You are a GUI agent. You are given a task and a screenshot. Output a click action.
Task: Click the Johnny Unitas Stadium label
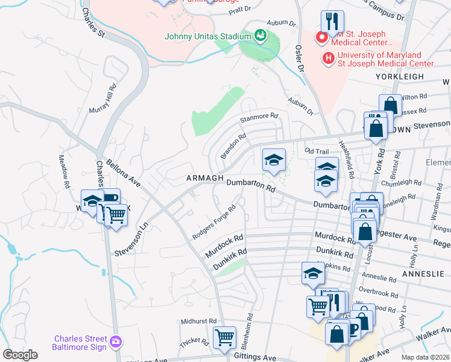[207, 36]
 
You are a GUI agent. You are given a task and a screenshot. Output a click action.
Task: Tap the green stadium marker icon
[259, 35]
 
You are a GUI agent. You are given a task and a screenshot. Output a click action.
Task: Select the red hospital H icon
[328, 58]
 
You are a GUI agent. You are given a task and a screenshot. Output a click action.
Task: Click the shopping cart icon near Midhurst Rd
[224, 338]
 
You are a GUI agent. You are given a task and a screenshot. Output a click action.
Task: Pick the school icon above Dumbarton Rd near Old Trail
[274, 160]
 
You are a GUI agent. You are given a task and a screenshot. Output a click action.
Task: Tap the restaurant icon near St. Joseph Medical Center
[332, 22]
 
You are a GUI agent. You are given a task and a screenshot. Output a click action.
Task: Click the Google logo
[20, 355]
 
